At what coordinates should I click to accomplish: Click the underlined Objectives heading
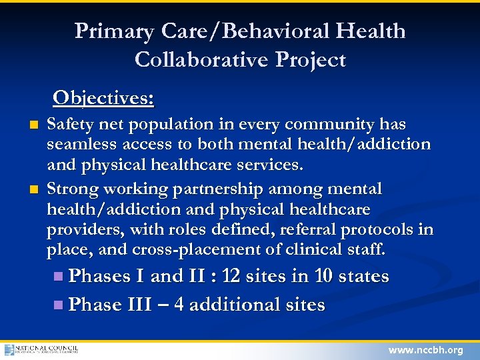(x=103, y=98)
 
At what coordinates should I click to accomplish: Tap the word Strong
(x=70, y=189)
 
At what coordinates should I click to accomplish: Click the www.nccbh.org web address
(x=426, y=350)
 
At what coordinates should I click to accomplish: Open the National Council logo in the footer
(x=41, y=349)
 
